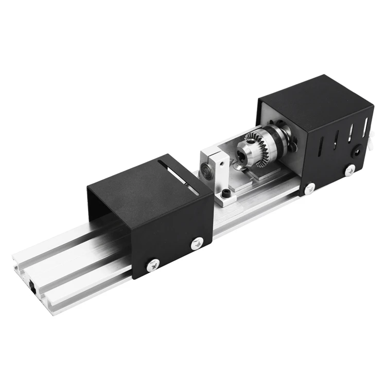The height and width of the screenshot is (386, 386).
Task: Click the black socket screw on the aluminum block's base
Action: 226,195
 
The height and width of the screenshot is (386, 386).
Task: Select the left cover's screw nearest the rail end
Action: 153,265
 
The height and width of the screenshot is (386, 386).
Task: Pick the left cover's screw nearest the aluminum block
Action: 197,243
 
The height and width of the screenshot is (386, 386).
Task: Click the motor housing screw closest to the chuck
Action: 309,188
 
